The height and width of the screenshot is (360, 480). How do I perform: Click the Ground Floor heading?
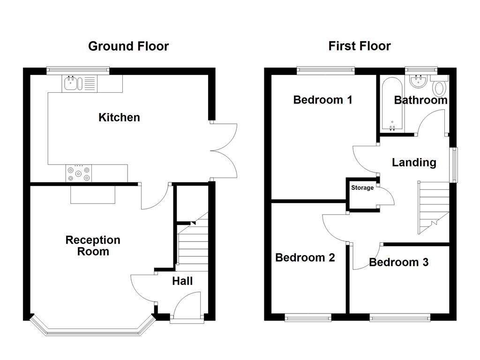[x=128, y=46]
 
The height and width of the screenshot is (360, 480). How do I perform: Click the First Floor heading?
[x=360, y=46]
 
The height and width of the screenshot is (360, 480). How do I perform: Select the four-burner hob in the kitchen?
[x=79, y=173]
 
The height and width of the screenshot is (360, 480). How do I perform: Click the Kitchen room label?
[x=119, y=117]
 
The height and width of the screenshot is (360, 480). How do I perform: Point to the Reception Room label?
[x=93, y=246]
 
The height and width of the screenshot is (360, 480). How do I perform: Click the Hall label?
[x=182, y=281]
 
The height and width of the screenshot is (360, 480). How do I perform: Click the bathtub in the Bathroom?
[x=391, y=104]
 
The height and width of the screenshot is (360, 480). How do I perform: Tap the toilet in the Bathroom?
[x=440, y=87]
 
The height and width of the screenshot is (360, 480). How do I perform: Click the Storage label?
[x=362, y=188]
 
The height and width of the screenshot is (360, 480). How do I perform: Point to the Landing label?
[x=414, y=163]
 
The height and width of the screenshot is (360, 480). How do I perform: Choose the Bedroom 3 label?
[x=398, y=262]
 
